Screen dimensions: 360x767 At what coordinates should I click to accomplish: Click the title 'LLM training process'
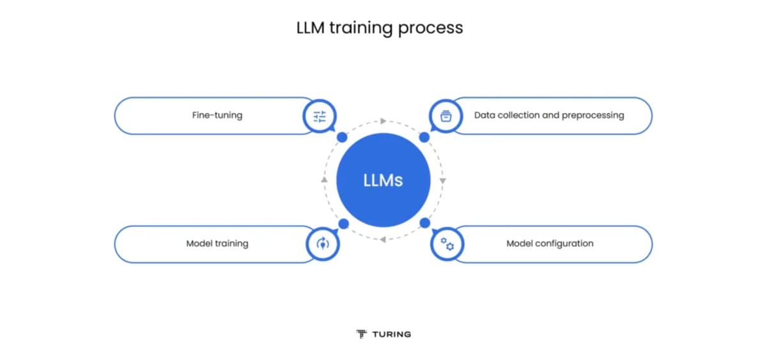380,28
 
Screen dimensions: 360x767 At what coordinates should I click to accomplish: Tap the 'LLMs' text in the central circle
383,180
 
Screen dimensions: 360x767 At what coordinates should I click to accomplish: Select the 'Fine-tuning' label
217,116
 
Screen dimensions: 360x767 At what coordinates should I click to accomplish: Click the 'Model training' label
217,244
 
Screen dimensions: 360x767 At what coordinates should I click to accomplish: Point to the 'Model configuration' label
550,244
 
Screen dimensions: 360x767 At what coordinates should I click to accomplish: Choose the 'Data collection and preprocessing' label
549,116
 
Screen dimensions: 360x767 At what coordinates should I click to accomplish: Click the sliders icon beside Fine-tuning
320,116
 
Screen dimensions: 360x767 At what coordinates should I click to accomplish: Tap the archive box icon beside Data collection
446,116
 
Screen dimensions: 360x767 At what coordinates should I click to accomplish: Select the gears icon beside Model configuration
447,244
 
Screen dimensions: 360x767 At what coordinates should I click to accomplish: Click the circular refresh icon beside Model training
322,244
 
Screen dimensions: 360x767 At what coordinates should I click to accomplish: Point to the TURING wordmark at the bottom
391,334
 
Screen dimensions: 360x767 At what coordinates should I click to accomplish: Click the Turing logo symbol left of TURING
362,334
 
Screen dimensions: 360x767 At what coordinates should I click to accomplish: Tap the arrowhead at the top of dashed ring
383,120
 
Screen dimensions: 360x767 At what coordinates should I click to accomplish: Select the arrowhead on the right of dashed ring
443,180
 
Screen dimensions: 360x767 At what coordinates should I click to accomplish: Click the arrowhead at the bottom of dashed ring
383,240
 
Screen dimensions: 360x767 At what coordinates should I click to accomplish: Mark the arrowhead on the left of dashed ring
324,180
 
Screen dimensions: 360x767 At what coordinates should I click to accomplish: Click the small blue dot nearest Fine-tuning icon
342,137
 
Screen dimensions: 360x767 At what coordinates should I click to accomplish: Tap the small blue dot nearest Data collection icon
424,137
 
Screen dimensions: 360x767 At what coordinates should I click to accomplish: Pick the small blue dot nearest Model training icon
343,223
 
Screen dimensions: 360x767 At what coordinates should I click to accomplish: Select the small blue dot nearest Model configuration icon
424,223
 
